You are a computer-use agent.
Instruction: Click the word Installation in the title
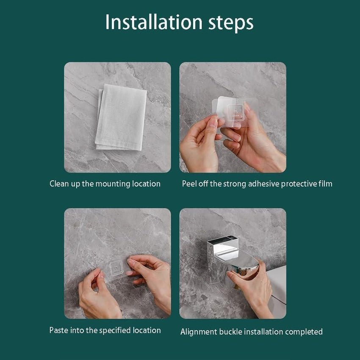tap(154, 22)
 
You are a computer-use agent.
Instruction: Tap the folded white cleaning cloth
tap(121, 117)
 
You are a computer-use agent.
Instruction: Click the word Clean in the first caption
tap(59, 184)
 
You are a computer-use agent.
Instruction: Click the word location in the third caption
tap(147, 330)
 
